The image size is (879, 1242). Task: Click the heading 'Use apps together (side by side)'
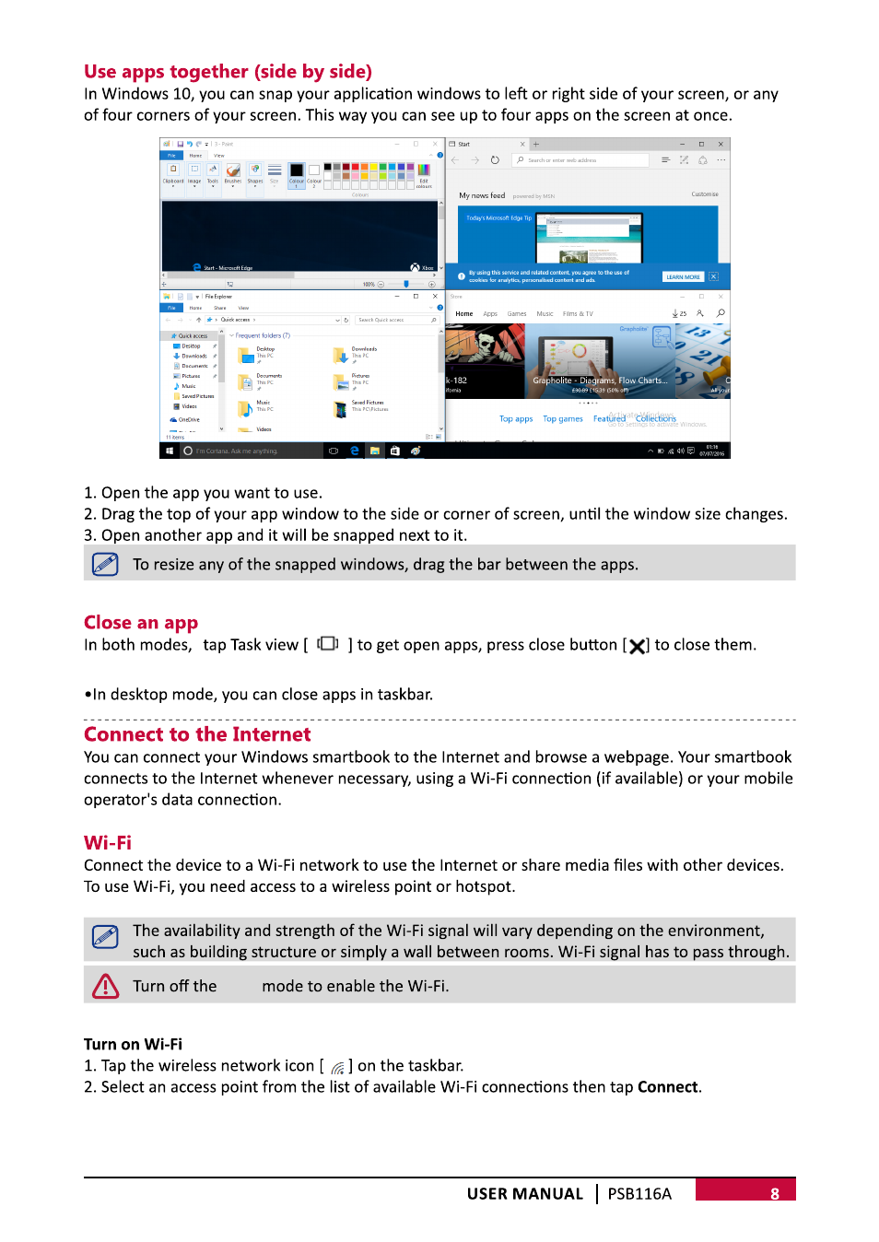pos(228,72)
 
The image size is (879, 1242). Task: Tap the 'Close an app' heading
pos(141,623)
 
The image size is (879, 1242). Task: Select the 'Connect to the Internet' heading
pos(197,734)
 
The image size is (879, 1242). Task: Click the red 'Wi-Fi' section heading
pos(108,843)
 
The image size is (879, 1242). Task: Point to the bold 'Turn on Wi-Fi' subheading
pos(133,1044)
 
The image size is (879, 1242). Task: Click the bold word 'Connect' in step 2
pos(667,1087)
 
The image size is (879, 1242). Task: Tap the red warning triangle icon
pos(106,986)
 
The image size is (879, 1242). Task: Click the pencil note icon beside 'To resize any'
pos(106,564)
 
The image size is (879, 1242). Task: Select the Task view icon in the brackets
pos(328,644)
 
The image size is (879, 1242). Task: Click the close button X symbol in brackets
pos(637,646)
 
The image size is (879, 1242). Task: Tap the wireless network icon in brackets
pos(337,1067)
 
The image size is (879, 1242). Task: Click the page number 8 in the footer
pos(775,1193)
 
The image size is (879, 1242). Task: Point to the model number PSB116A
pos(639,1194)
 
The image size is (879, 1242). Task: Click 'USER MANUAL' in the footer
pos(525,1194)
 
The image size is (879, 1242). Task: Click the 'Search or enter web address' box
pos(581,160)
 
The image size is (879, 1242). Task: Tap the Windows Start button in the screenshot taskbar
pos(170,451)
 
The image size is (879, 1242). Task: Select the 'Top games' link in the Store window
pos(563,419)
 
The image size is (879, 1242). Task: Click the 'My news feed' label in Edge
pos(482,195)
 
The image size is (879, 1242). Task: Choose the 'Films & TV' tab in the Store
pos(578,314)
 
